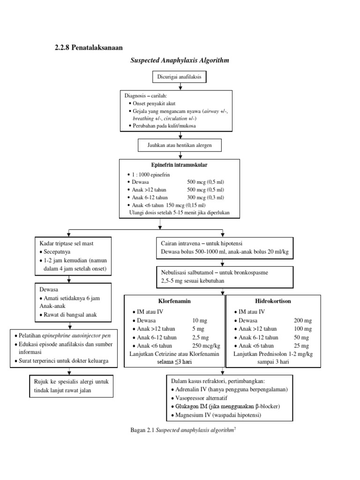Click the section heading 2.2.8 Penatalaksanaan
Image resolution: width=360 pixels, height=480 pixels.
point(87,47)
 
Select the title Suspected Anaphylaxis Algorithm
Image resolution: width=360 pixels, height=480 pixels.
point(179,60)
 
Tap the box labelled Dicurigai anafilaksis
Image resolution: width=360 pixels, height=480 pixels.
point(179,77)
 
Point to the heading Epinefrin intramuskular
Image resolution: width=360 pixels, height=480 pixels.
point(179,165)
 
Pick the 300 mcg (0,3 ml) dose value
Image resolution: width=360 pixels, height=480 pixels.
point(205,198)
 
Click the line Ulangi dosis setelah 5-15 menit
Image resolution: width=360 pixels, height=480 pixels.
point(180,213)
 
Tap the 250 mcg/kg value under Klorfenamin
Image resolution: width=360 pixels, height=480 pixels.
point(203,345)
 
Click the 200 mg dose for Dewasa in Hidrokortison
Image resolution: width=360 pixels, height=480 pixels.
point(302,320)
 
